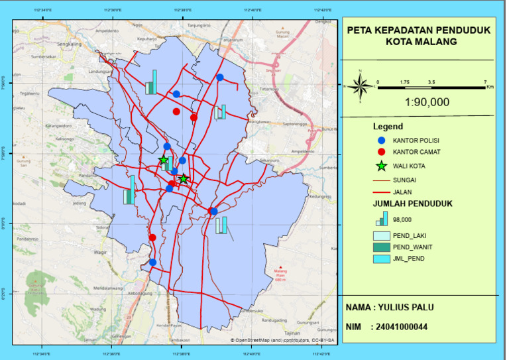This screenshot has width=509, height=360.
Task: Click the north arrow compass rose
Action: tap(361, 86)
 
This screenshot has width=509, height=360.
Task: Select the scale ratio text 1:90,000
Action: tap(427, 101)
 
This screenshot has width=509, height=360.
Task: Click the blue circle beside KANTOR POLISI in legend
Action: tap(380, 141)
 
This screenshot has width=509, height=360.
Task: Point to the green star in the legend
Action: tap(380, 166)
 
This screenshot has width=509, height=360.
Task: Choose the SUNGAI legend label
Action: tap(406, 179)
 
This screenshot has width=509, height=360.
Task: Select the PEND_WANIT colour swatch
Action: tap(381, 247)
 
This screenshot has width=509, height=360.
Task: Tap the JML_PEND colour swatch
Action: tap(381, 259)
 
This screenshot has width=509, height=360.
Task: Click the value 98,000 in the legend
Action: tap(402, 219)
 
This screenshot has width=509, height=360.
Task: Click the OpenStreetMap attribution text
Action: tap(282, 340)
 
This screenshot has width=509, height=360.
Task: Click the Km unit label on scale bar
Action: tap(490, 87)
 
